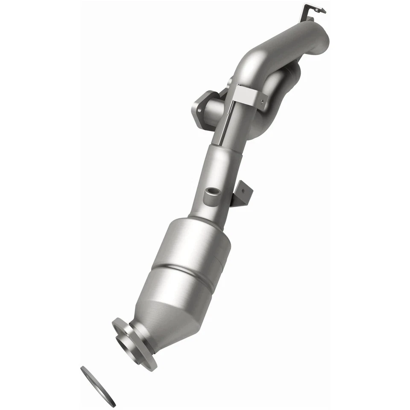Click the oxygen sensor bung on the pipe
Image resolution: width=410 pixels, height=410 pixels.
(210, 194)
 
